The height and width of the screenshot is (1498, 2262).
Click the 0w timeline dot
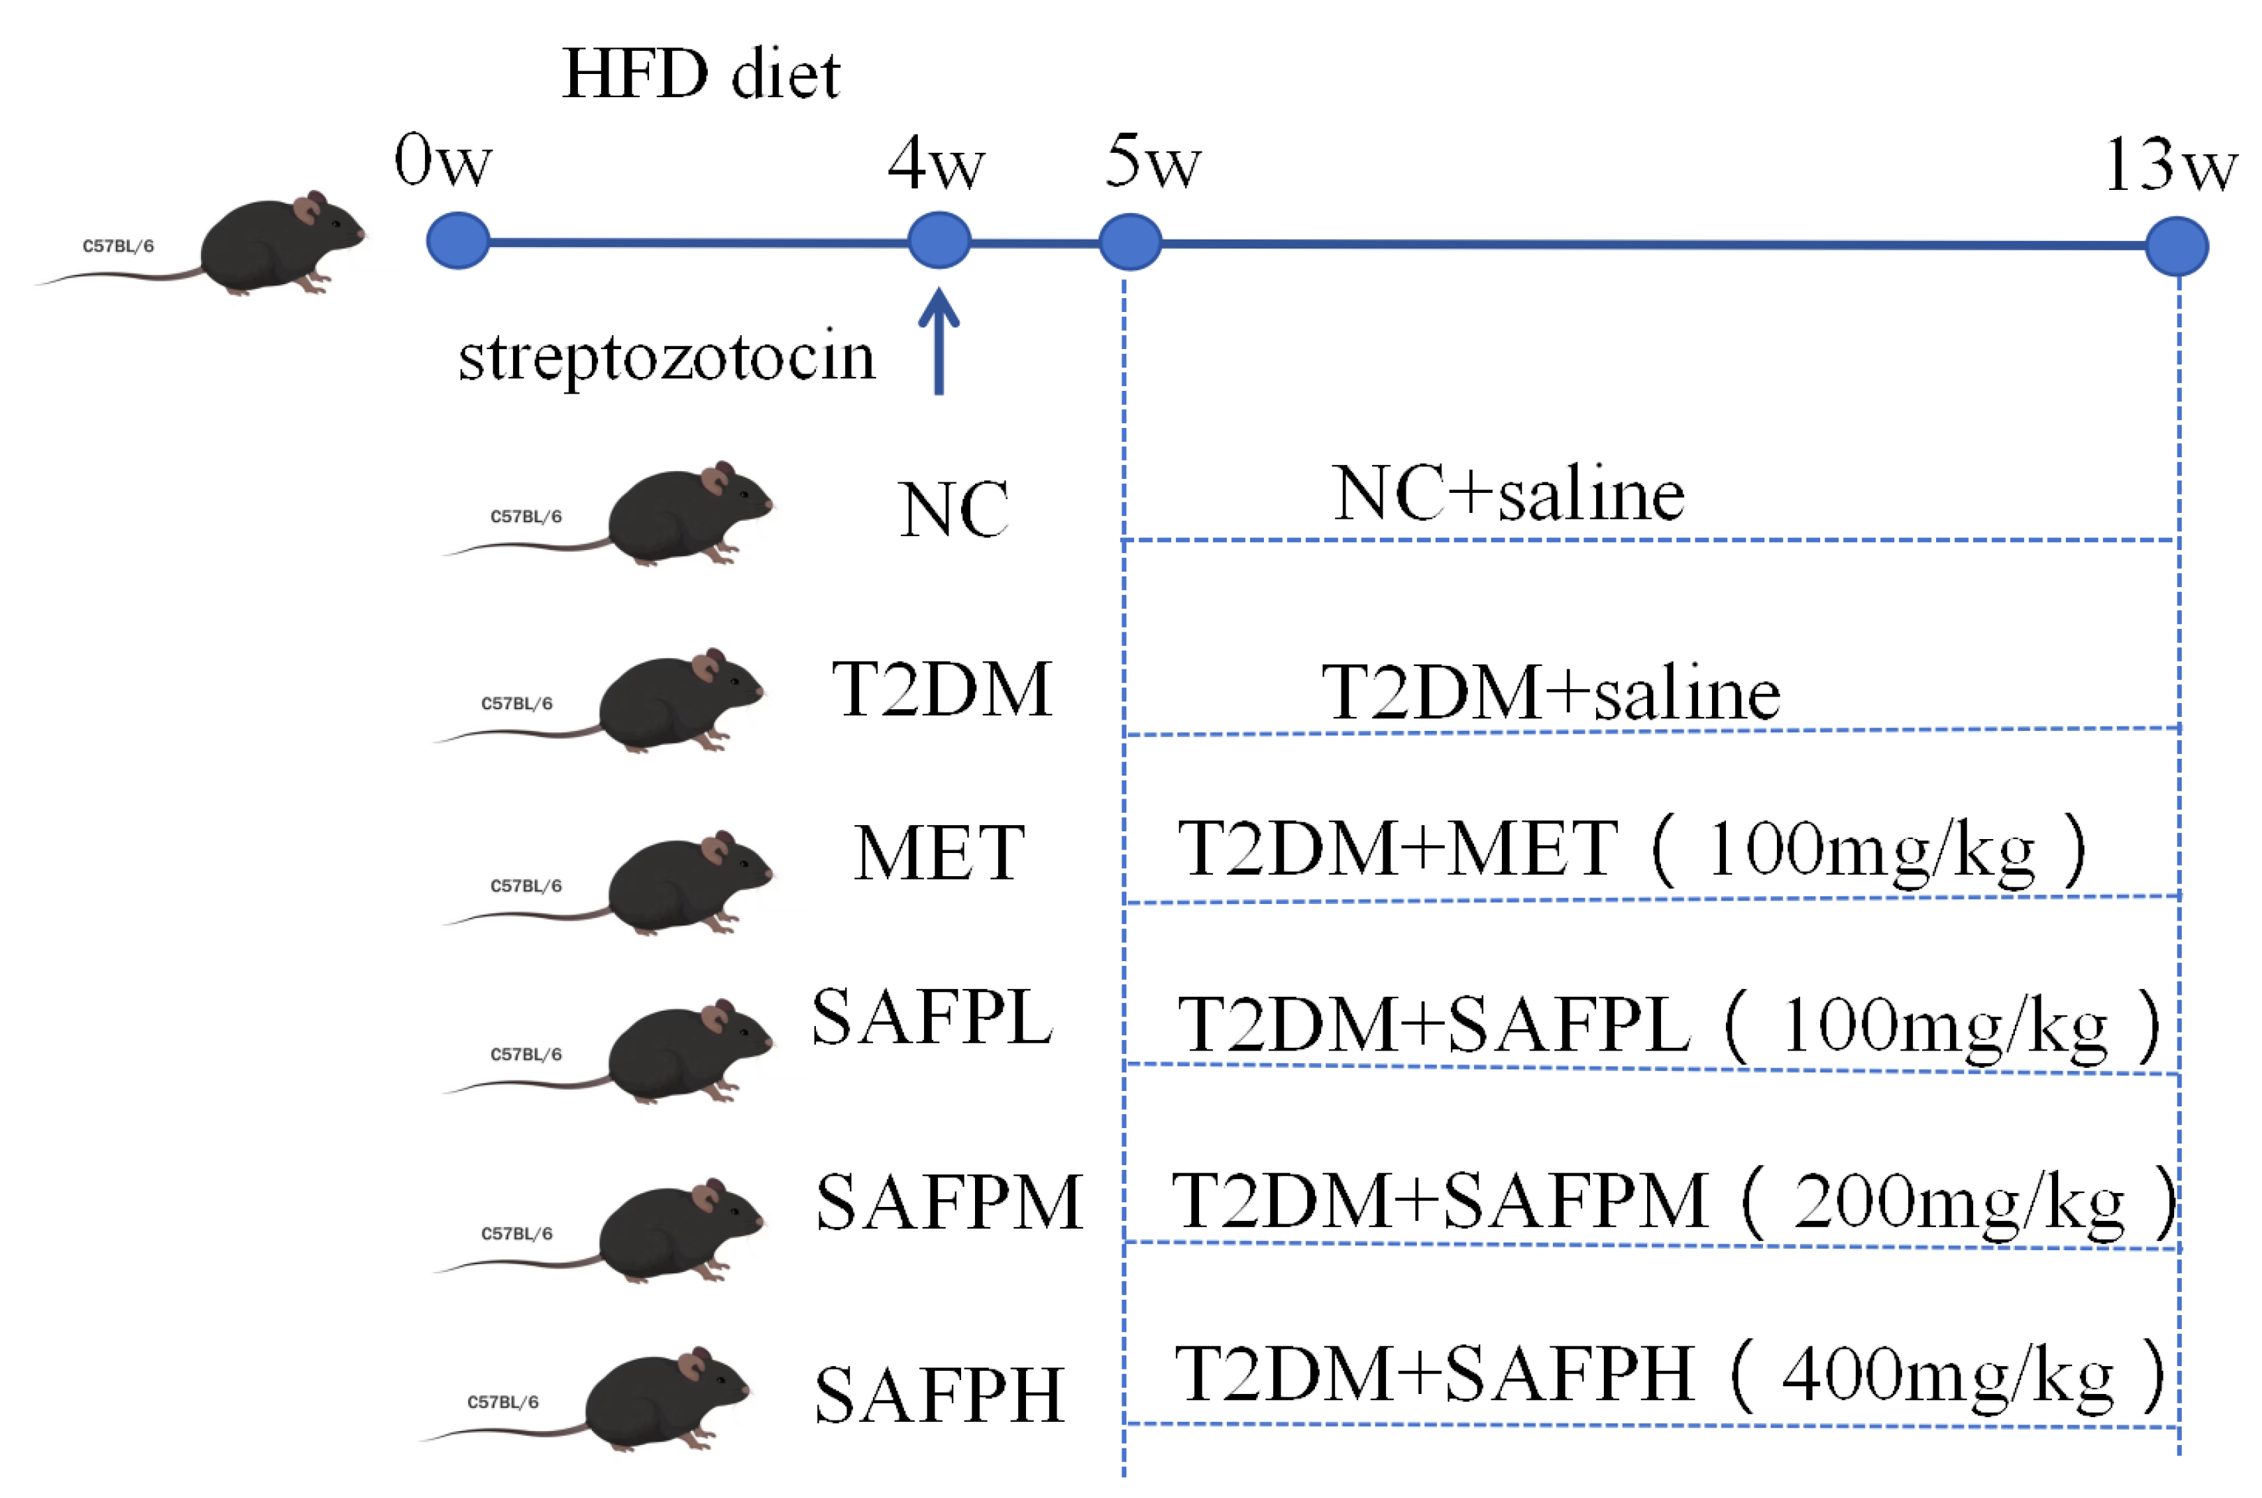tap(458, 241)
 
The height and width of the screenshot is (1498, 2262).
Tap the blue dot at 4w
tap(939, 240)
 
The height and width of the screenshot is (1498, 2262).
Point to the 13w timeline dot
tap(2177, 246)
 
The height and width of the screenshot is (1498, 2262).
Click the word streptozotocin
tap(667, 356)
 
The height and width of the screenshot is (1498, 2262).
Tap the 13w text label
tap(2171, 164)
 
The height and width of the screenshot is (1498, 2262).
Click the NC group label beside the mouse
tap(953, 509)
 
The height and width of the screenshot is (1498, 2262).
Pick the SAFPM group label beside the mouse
tap(949, 1202)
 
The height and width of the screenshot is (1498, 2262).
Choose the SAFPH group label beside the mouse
tap(939, 1395)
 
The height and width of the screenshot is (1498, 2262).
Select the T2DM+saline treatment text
tap(1550, 692)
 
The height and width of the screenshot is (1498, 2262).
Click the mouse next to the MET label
tap(687, 883)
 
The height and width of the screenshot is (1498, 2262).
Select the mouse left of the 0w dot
tap(282, 244)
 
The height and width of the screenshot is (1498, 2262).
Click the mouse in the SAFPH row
tap(666, 1399)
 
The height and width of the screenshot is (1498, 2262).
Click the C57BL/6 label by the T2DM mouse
tap(516, 703)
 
